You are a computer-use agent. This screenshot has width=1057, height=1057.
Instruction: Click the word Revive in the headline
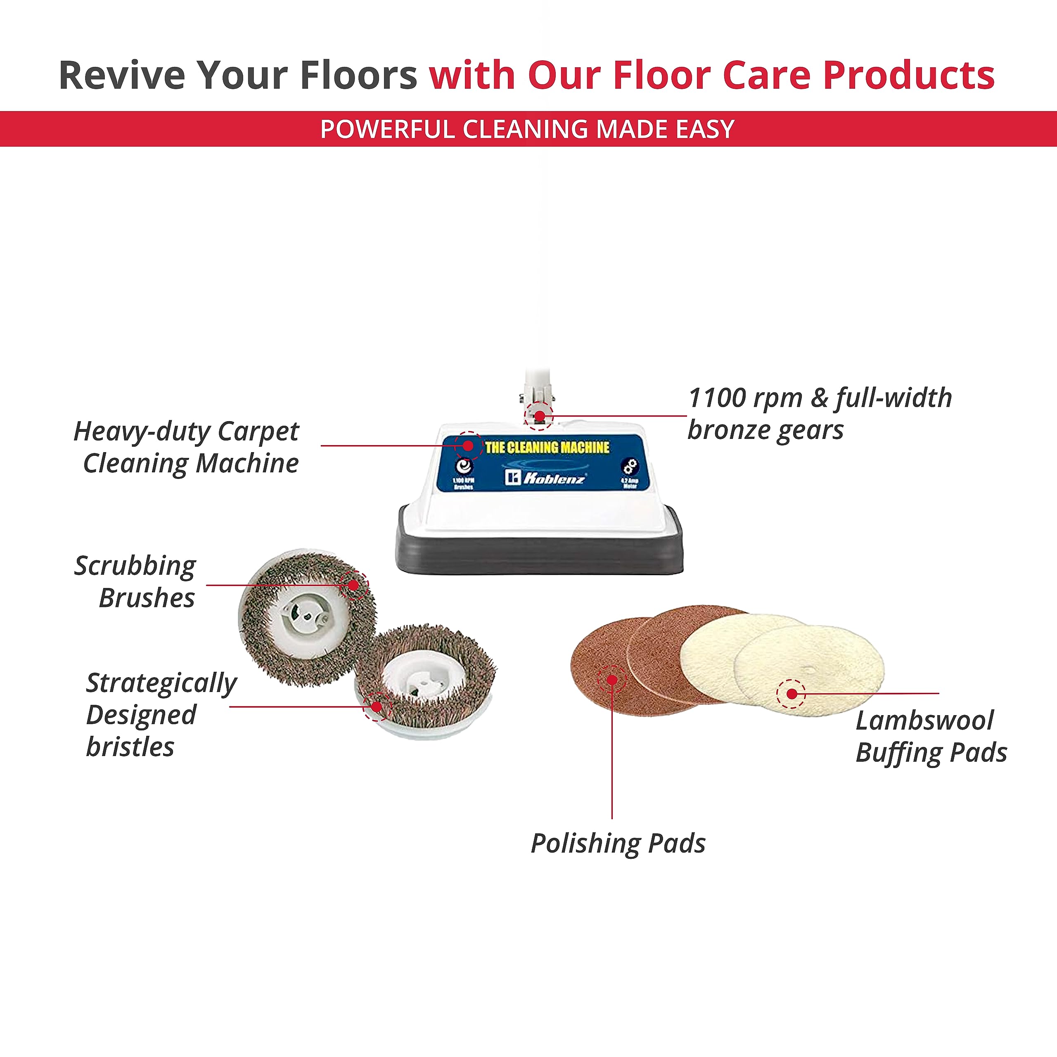point(121,75)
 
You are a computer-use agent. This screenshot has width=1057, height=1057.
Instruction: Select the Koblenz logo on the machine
point(545,478)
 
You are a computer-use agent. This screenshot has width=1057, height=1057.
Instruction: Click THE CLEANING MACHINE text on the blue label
point(547,447)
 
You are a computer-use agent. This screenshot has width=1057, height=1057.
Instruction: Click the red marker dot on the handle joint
point(539,416)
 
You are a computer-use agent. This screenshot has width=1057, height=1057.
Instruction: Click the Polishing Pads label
point(618,843)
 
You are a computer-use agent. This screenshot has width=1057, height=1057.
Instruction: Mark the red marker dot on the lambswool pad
point(791,694)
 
